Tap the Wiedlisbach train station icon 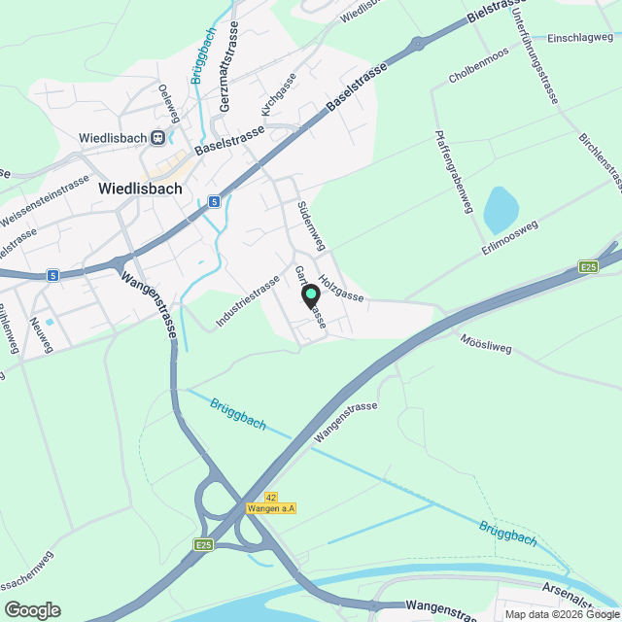[x=156, y=138]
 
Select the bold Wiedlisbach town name [x=140, y=190]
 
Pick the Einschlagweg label [x=580, y=37]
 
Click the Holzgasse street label [x=340, y=285]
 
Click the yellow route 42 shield [x=271, y=497]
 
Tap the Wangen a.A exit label [x=272, y=508]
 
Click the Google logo [x=32, y=610]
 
